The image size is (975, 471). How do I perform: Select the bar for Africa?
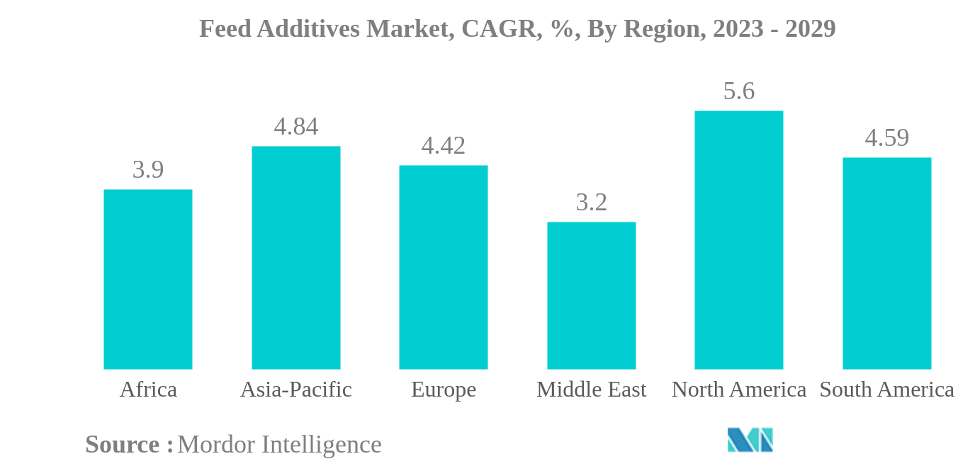(147, 279)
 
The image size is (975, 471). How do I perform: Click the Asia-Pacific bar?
(295, 258)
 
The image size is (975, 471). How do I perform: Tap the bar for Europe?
(443, 267)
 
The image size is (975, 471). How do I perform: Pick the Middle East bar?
(591, 295)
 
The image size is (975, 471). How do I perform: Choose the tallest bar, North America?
(738, 240)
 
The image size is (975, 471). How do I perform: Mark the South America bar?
(886, 263)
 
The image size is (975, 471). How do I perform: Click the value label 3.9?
(147, 170)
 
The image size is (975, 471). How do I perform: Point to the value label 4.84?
(295, 127)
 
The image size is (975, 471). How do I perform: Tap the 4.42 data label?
(443, 146)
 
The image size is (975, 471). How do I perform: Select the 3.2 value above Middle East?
(591, 203)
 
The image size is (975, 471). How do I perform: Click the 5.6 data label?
(738, 91)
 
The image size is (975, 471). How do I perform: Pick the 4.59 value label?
(886, 138)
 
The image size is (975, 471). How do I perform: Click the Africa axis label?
(147, 390)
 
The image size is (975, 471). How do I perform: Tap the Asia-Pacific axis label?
(295, 390)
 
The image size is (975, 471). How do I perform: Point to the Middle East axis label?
(591, 390)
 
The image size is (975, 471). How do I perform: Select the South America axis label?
(886, 390)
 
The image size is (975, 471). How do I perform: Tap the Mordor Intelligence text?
(279, 445)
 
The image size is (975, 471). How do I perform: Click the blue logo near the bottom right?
(750, 440)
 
